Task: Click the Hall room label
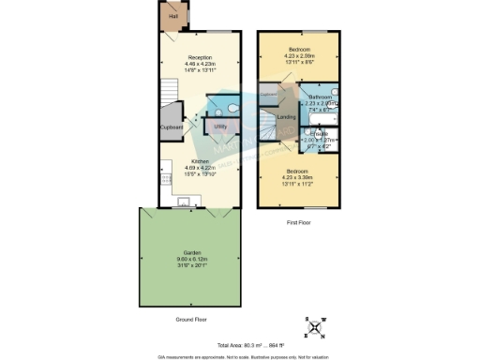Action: click(x=172, y=16)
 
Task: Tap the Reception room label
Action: click(x=200, y=57)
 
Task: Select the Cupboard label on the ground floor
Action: click(x=172, y=127)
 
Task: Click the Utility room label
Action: click(x=221, y=125)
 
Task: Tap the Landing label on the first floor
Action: click(x=288, y=117)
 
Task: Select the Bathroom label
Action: click(x=320, y=97)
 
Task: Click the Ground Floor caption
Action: click(x=191, y=319)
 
